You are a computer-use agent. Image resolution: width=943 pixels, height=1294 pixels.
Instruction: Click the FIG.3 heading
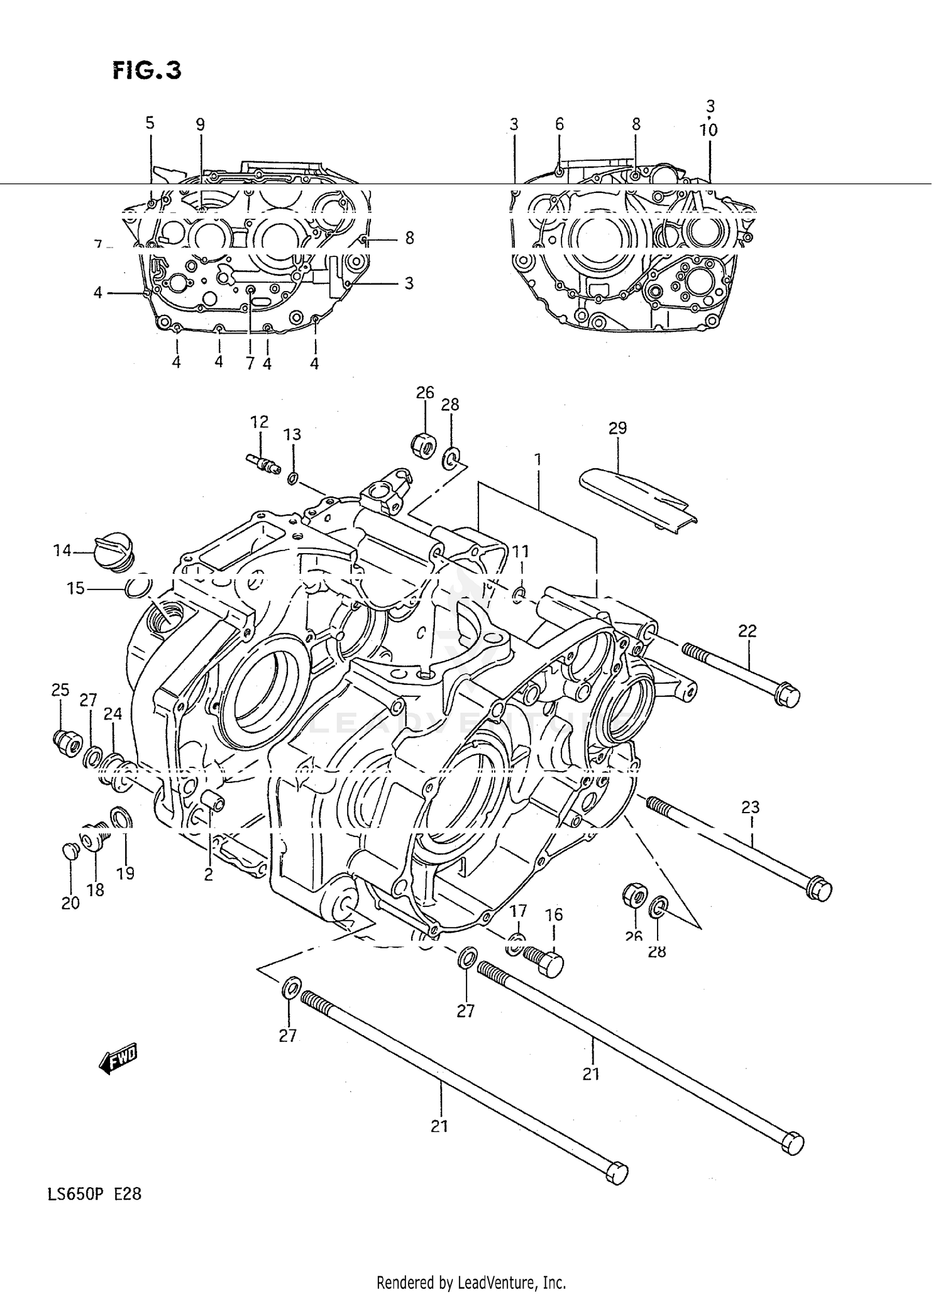pyautogui.click(x=147, y=70)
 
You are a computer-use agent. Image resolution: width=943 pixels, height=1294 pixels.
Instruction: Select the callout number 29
pyautogui.click(x=617, y=429)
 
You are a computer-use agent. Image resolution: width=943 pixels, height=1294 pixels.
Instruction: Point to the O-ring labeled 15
pyautogui.click(x=138, y=589)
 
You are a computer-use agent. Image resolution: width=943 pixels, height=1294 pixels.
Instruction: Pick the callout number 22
pyautogui.click(x=747, y=630)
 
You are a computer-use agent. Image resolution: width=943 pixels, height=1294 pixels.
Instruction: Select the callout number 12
pyautogui.click(x=259, y=421)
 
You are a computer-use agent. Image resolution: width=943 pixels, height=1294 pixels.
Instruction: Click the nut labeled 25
pyautogui.click(x=65, y=743)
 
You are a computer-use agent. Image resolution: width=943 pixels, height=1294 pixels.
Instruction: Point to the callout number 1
pyautogui.click(x=538, y=459)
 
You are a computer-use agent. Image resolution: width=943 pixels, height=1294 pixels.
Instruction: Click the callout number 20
pyautogui.click(x=70, y=903)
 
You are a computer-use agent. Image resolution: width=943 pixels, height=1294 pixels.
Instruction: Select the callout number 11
pyautogui.click(x=521, y=551)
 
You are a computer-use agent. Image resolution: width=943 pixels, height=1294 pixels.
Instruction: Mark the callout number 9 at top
pyautogui.click(x=200, y=124)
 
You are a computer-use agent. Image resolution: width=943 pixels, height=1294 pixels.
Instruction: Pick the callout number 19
pyautogui.click(x=125, y=873)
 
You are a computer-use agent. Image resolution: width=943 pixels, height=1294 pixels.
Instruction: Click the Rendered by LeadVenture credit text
pyautogui.click(x=471, y=1281)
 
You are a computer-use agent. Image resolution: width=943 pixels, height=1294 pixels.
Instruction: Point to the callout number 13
pyautogui.click(x=292, y=434)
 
